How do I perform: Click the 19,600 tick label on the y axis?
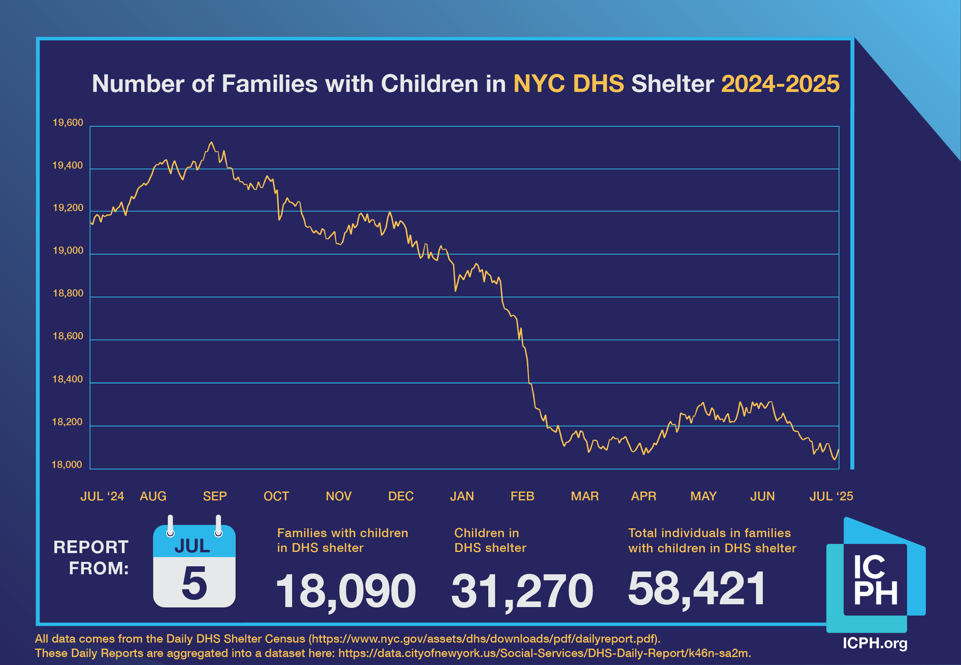68,123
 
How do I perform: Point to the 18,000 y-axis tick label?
67,465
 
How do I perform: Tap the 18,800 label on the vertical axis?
68,293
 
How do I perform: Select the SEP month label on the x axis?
215,496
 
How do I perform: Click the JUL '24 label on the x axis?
102,496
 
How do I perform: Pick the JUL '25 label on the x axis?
831,496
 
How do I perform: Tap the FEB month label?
522,496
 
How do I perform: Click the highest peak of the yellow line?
211,143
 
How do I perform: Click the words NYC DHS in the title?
569,84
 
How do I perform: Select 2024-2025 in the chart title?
780,84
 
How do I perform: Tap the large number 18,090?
345,591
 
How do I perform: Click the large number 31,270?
522,591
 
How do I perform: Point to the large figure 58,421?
696,588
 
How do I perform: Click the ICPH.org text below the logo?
875,643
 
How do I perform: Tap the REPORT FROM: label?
91,557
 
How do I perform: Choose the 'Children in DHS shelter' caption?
490,540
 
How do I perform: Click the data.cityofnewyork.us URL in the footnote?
543,653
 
